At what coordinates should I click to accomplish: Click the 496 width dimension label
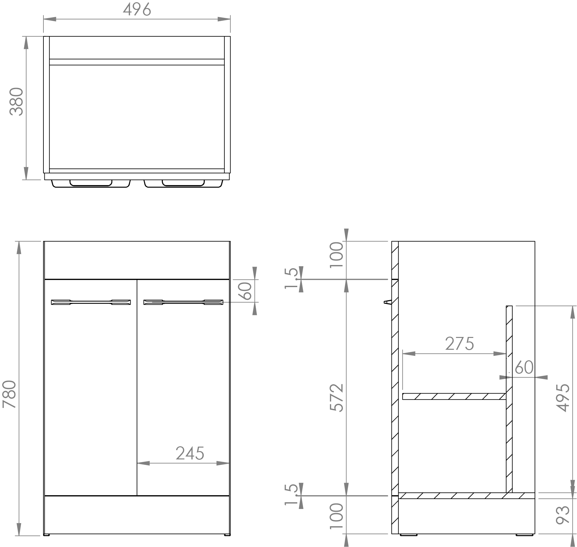click(137, 10)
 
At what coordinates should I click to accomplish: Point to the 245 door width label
click(190, 453)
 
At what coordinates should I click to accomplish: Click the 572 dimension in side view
click(337, 397)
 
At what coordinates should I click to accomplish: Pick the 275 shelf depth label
click(459, 344)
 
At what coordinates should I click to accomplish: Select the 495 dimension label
click(563, 397)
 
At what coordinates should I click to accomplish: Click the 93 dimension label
click(563, 515)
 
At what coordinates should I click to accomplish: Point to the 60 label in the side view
click(524, 367)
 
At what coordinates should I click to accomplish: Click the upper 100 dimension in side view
click(337, 255)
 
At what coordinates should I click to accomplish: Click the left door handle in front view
click(91, 302)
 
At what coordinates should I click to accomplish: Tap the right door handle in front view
click(183, 302)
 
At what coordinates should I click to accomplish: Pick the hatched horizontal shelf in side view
click(454, 396)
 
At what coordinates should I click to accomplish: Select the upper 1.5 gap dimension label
click(291, 278)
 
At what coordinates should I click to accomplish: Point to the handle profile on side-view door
click(387, 302)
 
